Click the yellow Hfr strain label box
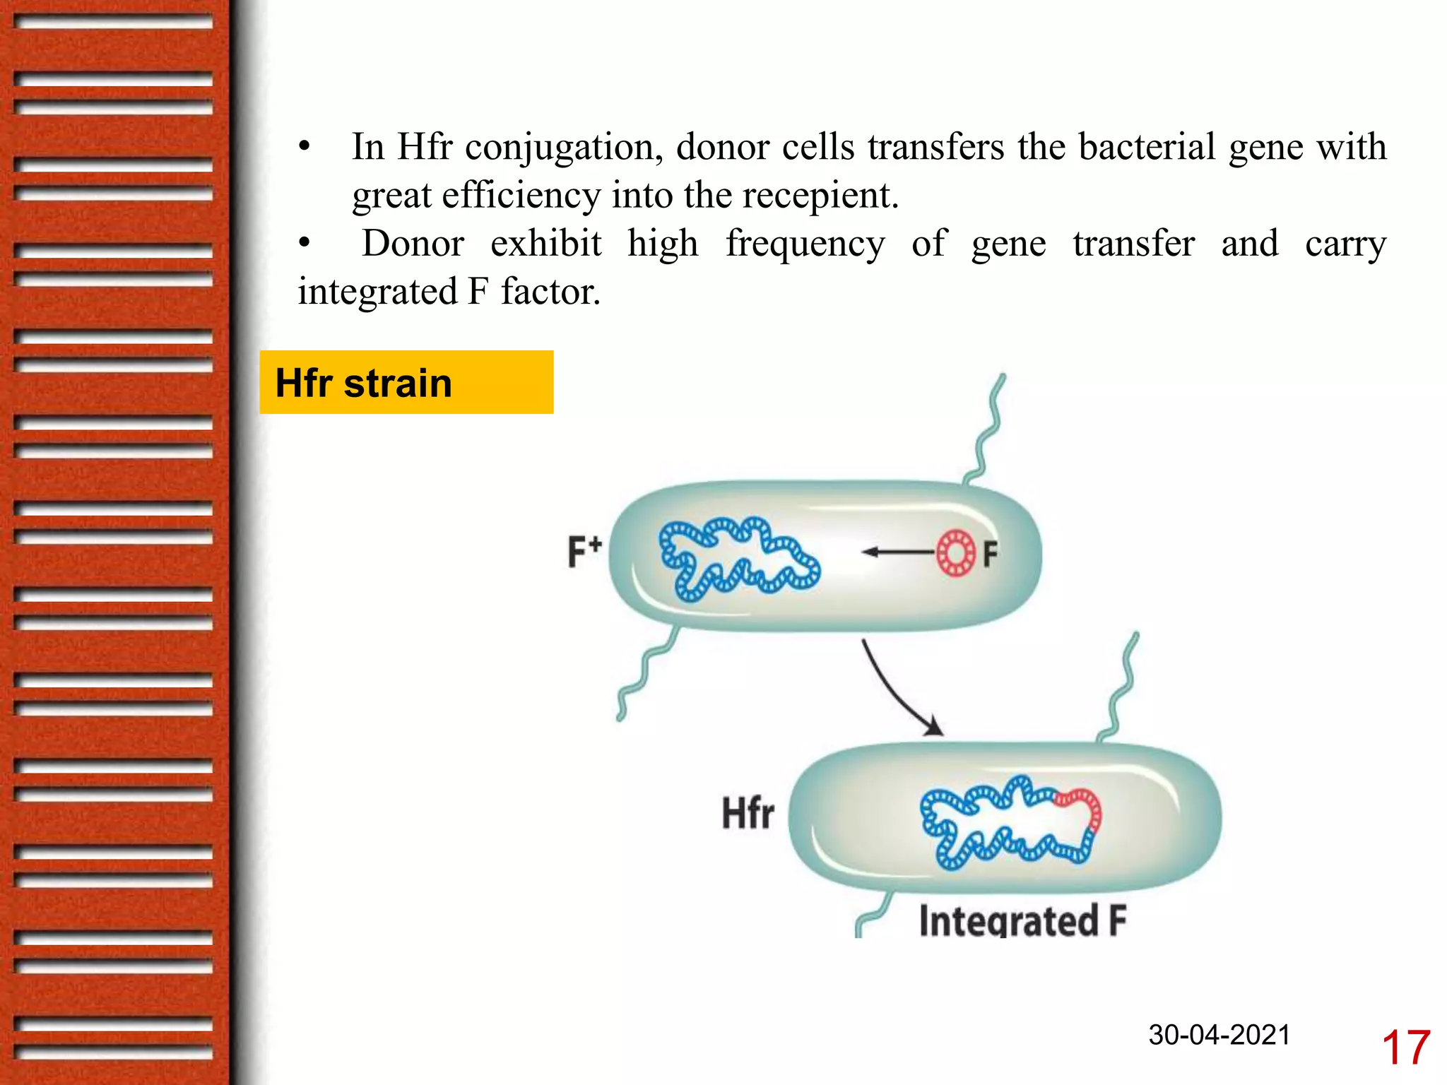[x=406, y=382]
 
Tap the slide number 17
[x=1405, y=1048]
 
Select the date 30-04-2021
[x=1219, y=1035]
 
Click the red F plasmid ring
[x=956, y=552]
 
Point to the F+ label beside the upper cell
[x=584, y=552]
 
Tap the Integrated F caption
[x=1022, y=920]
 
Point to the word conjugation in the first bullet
[x=563, y=148]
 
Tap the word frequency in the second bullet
[x=805, y=244]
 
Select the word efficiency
[x=521, y=196]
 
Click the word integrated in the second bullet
[x=378, y=292]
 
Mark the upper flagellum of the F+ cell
[x=988, y=431]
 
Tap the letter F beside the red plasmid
[x=991, y=554]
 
